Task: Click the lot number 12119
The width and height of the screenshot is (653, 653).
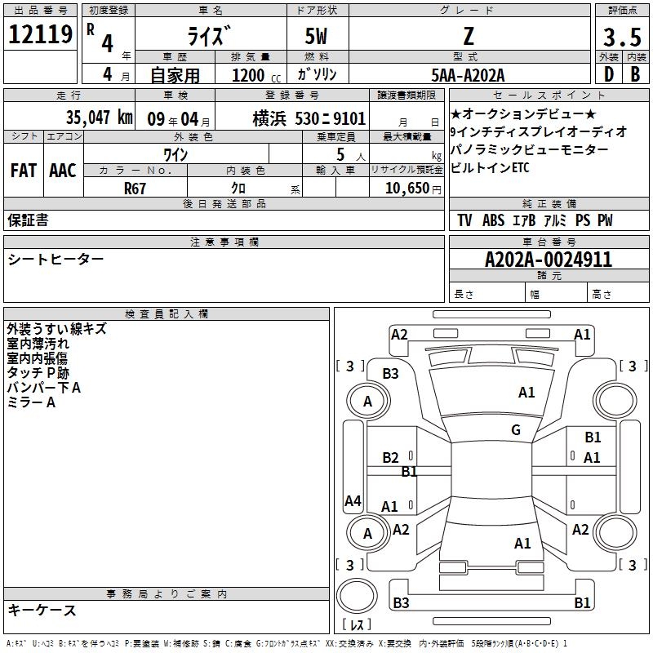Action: pyautogui.click(x=40, y=34)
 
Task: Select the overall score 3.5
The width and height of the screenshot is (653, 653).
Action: pyautogui.click(x=622, y=37)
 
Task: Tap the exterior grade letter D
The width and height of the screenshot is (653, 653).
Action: pyautogui.click(x=609, y=74)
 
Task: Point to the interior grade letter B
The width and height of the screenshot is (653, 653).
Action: pyautogui.click(x=635, y=74)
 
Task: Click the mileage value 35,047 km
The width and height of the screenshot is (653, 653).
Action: pyautogui.click(x=99, y=118)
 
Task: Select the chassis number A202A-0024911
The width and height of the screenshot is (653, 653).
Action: pyautogui.click(x=549, y=260)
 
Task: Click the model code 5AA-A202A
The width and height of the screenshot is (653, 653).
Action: pyautogui.click(x=468, y=75)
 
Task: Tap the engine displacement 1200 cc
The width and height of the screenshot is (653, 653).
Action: pyautogui.click(x=256, y=75)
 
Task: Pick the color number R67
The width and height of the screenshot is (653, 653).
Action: pyautogui.click(x=135, y=189)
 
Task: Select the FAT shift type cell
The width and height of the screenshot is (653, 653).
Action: pyautogui.click(x=24, y=171)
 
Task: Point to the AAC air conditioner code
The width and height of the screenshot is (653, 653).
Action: pyautogui.click(x=63, y=171)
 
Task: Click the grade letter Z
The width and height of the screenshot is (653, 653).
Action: pyautogui.click(x=469, y=37)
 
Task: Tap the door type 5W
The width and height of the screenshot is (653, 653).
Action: pyautogui.click(x=316, y=37)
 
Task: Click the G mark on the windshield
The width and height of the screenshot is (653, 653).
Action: pyautogui.click(x=516, y=430)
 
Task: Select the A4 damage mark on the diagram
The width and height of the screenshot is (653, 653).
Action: pyautogui.click(x=353, y=500)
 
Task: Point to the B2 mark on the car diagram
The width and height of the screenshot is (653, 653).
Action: pyautogui.click(x=390, y=458)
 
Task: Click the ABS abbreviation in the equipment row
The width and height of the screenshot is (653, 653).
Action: pyautogui.click(x=493, y=220)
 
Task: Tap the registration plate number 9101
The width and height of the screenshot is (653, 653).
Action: pyautogui.click(x=349, y=118)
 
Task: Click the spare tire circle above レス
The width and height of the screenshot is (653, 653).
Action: pyautogui.click(x=357, y=596)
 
